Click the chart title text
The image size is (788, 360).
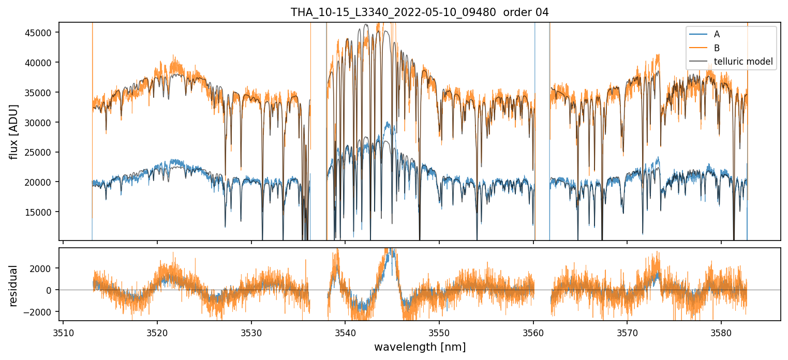pyautogui.click(x=420, y=12)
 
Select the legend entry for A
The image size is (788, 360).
pyautogui.click(x=717, y=34)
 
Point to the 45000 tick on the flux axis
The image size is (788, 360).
pyautogui.click(x=39, y=33)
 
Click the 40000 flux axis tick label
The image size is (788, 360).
pyautogui.click(x=39, y=63)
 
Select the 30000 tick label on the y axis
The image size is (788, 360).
pyautogui.click(x=39, y=123)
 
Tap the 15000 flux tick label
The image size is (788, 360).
pyautogui.click(x=39, y=212)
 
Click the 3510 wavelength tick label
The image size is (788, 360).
pyautogui.click(x=63, y=332)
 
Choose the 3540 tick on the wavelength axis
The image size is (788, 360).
pyautogui.click(x=345, y=332)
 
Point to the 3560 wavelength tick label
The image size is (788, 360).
pyautogui.click(x=533, y=332)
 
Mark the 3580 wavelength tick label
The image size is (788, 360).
pyautogui.click(x=721, y=332)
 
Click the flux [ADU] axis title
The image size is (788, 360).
pyautogui.click(x=13, y=131)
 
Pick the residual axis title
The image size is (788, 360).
pyautogui.click(x=13, y=286)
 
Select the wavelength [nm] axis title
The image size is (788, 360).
pyautogui.click(x=420, y=347)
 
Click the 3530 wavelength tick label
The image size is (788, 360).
pyautogui.click(x=251, y=332)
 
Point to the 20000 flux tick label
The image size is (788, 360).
pyautogui.click(x=39, y=182)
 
